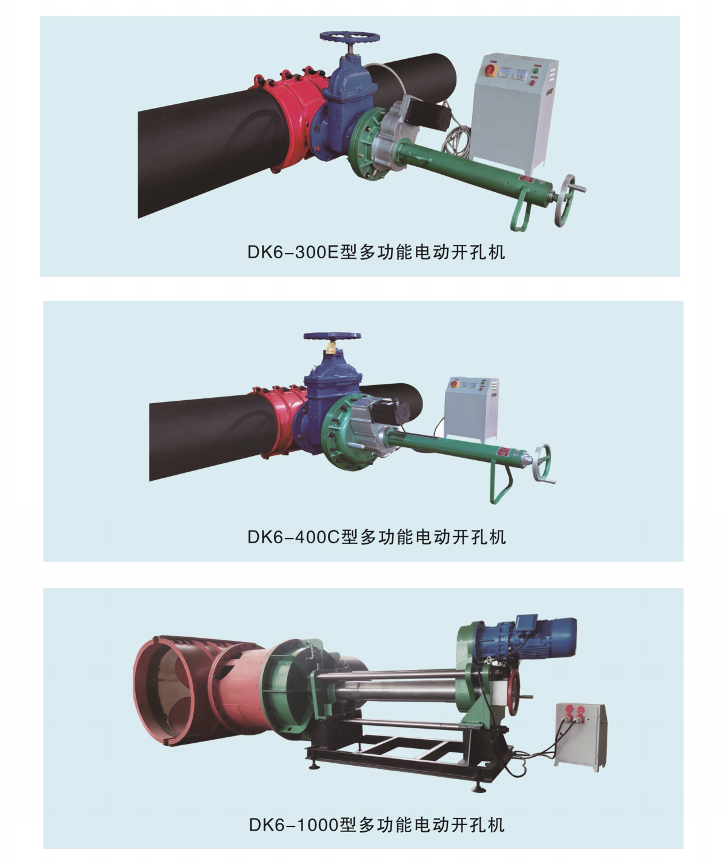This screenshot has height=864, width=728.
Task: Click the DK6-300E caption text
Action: click(376, 252)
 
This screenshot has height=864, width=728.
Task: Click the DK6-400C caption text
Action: click(376, 537)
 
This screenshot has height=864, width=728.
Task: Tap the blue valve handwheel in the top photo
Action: click(350, 36)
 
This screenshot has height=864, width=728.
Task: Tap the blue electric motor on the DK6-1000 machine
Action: click(533, 637)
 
